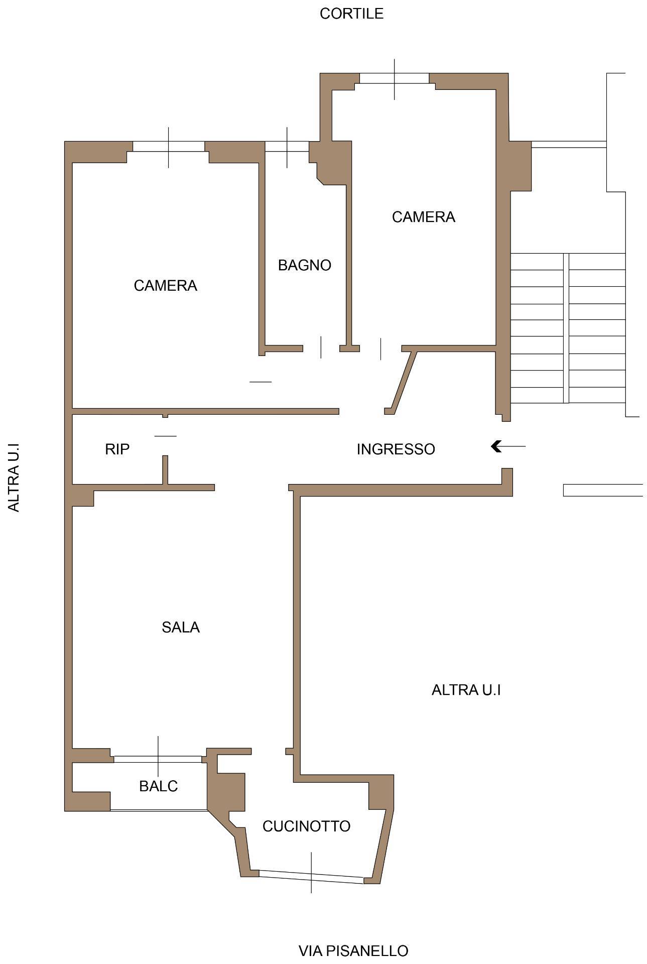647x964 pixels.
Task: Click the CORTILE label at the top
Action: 351,14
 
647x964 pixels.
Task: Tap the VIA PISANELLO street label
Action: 353,950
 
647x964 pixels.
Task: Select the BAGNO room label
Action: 305,265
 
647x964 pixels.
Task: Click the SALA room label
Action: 181,627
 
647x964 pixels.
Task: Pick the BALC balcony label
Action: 159,786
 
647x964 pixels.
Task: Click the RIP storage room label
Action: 117,449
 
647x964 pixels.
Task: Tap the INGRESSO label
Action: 396,449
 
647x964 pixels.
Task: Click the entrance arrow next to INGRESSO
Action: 508,446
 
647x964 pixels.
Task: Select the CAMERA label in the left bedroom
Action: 165,286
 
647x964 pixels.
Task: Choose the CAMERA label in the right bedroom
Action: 423,217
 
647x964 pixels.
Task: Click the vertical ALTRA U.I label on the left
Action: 14,477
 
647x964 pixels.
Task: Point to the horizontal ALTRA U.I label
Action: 466,690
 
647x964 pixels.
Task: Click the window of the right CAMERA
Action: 395,78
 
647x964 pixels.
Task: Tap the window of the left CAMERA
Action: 169,146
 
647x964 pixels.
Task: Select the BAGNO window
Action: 287,146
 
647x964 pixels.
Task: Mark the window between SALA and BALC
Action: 158,759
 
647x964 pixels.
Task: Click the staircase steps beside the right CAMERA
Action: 568,328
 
